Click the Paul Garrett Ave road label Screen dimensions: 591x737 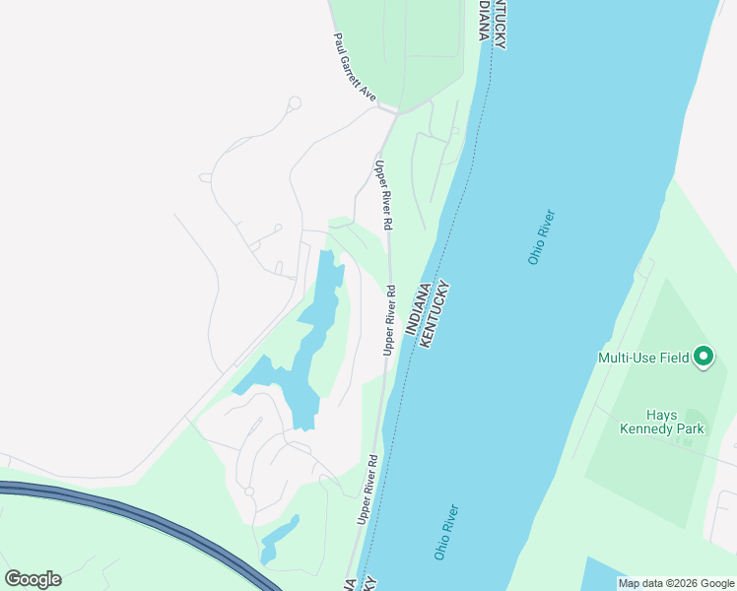(x=355, y=68)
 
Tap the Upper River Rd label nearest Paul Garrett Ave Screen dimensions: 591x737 (x=384, y=194)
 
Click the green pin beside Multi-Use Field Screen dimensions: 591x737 (x=703, y=357)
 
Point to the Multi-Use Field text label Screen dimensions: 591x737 (x=643, y=358)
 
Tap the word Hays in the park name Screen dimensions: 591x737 (x=662, y=415)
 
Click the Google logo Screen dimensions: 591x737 (x=33, y=578)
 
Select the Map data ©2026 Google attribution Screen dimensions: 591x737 (x=675, y=583)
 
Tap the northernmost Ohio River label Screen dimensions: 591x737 (x=542, y=237)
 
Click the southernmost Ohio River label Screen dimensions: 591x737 (x=447, y=533)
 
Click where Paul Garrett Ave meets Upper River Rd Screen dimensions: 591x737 (x=393, y=111)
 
